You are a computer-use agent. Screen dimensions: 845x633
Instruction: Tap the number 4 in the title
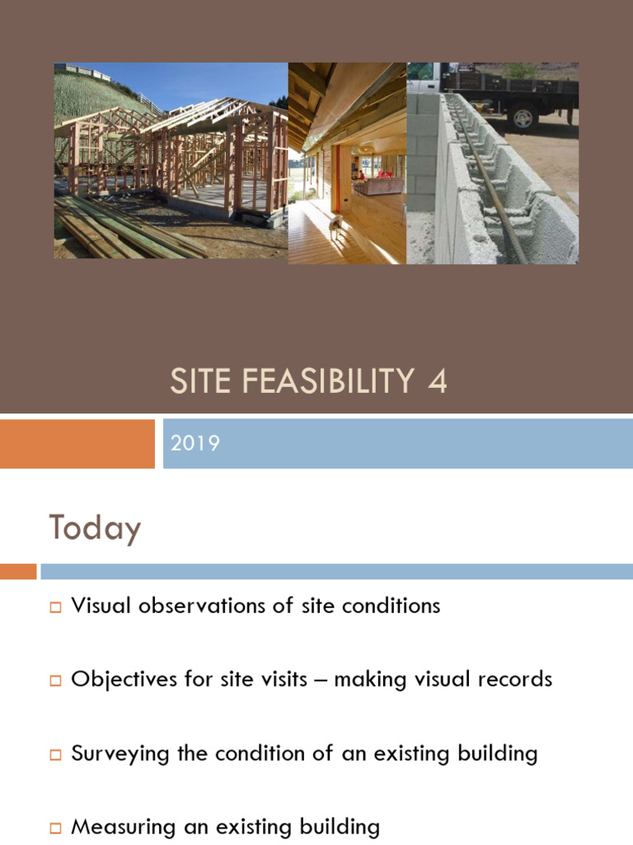(x=438, y=382)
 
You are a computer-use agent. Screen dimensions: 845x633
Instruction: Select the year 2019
(x=195, y=443)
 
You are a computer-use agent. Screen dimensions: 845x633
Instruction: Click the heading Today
(x=95, y=527)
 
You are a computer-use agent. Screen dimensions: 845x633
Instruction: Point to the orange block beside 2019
(x=77, y=443)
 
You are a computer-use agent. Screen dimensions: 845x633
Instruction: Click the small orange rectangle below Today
(x=17, y=571)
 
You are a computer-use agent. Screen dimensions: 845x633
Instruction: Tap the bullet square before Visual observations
(x=56, y=607)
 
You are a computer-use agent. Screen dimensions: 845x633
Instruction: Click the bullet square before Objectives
(x=56, y=682)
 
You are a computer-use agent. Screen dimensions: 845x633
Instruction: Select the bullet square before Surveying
(x=56, y=755)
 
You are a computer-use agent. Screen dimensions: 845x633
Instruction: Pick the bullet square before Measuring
(x=56, y=828)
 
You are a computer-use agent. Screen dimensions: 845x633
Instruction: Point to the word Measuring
(x=122, y=827)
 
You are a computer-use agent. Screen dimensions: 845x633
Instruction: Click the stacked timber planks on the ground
(x=124, y=227)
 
